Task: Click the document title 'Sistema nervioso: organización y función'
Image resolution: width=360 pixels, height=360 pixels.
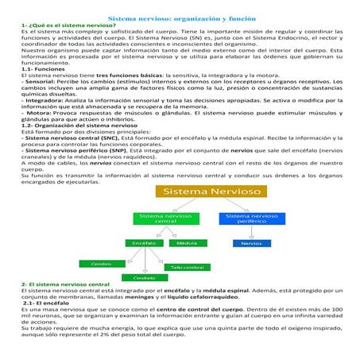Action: pos(180,16)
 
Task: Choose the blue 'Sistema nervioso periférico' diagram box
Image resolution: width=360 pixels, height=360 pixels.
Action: pos(251,218)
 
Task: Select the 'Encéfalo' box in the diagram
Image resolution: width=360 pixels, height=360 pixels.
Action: pos(145,242)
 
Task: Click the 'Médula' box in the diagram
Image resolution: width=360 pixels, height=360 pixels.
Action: pos(188,242)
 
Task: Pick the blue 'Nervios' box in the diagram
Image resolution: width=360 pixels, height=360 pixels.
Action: pos(251,242)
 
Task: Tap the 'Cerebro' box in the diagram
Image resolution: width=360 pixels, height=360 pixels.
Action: pos(101,262)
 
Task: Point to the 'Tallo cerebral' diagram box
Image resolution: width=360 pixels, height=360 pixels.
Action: pos(188,267)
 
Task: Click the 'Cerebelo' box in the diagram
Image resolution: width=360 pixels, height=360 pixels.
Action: pos(144,278)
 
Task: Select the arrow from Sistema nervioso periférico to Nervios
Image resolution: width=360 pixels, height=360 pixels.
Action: pos(251,232)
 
